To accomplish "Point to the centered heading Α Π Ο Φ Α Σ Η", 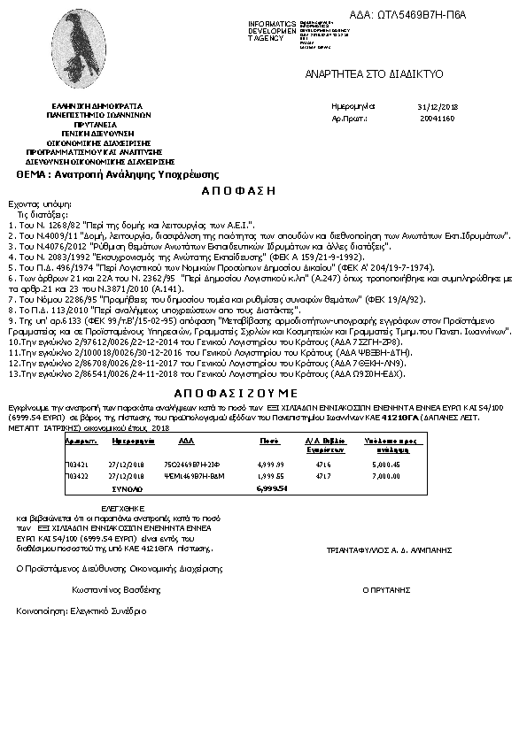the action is (239, 190).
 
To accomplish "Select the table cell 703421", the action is (77, 463).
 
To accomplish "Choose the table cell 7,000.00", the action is (387, 475).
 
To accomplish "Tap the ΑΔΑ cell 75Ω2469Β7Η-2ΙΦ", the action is (188, 463).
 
